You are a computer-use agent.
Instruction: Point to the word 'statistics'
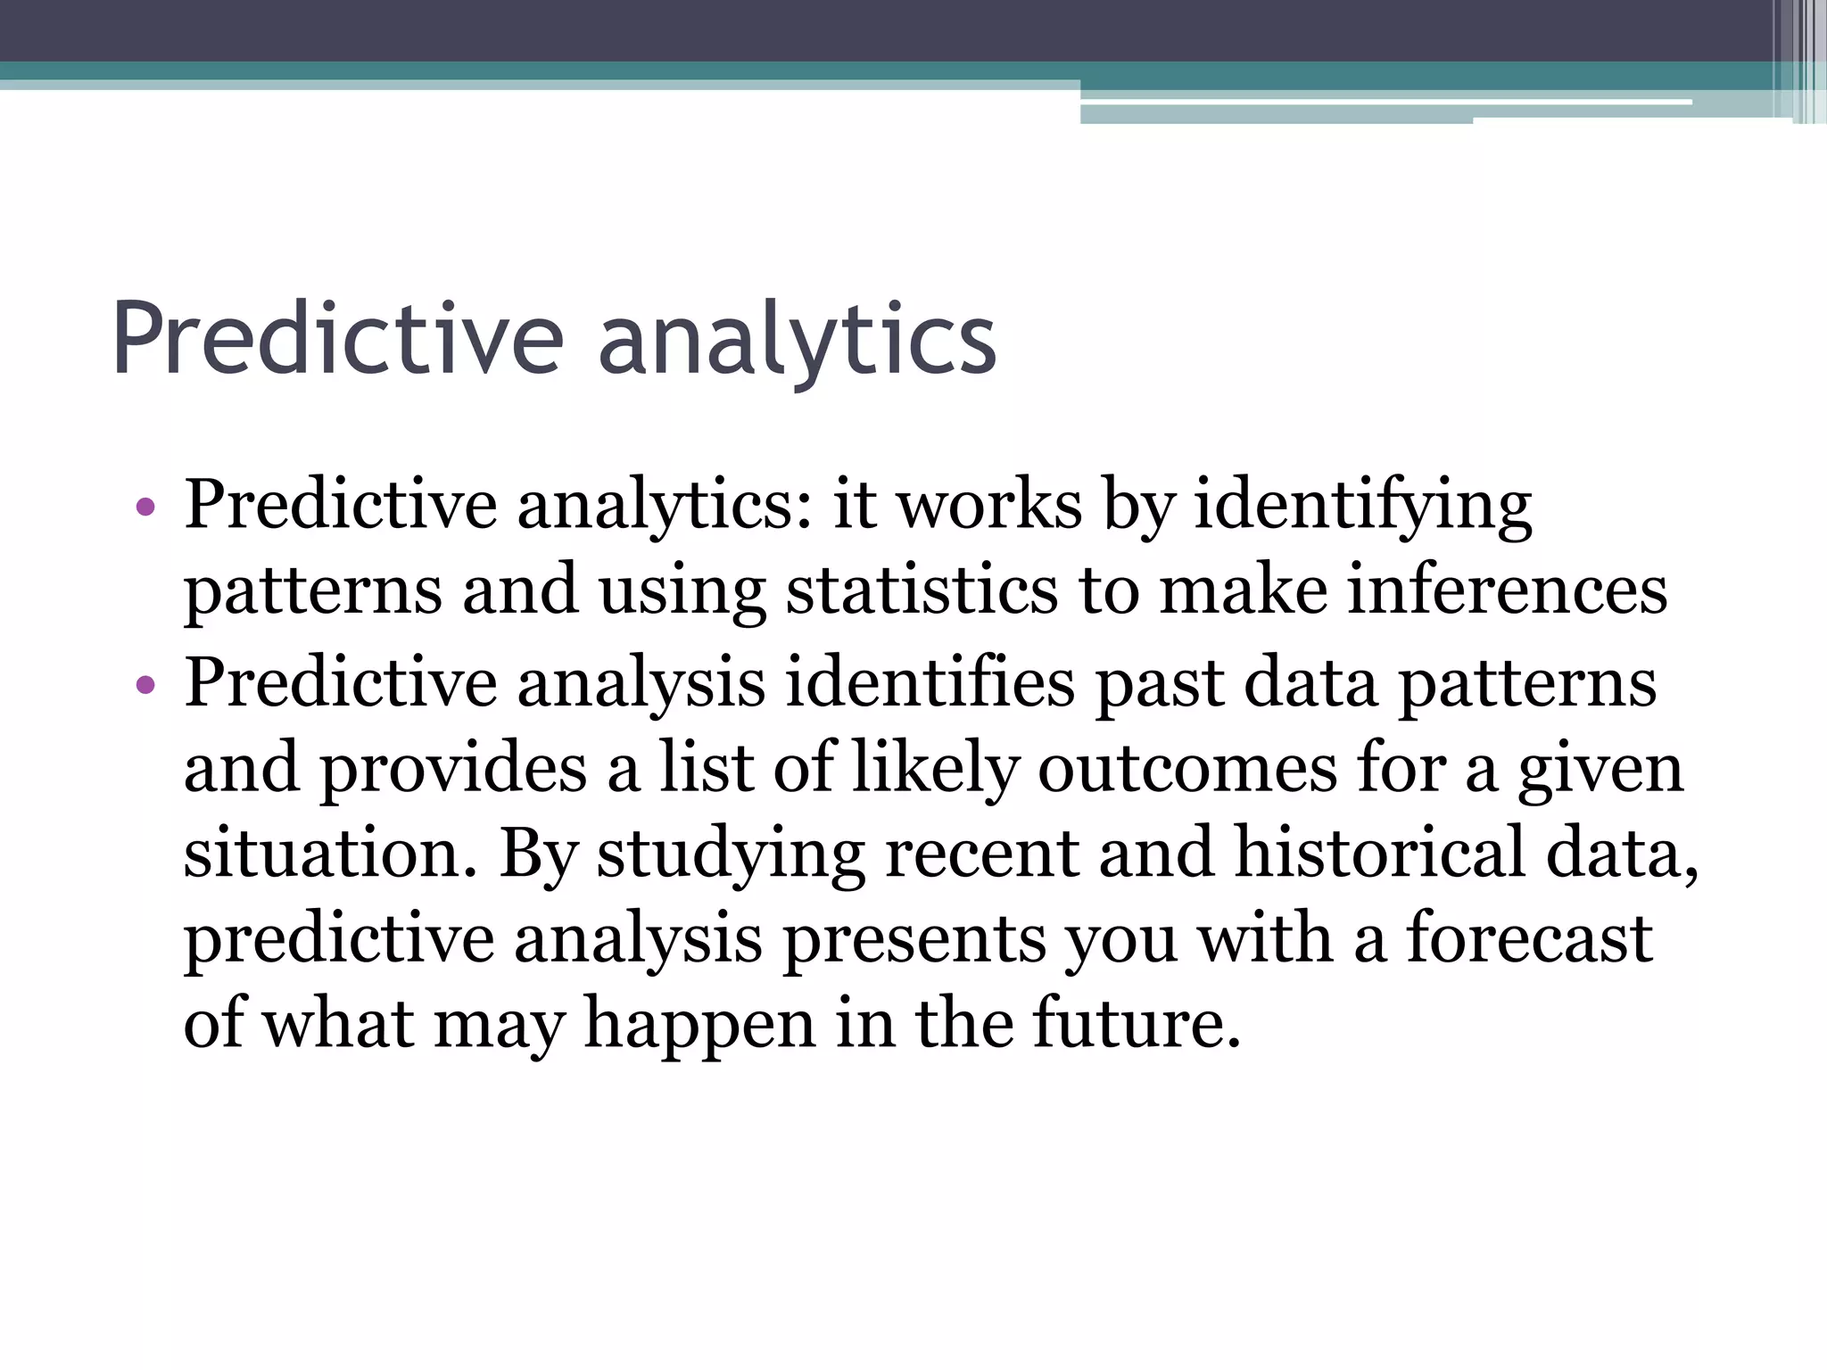click(921, 591)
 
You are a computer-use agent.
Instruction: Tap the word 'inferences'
click(1506, 591)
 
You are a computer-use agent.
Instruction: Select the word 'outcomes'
click(1186, 768)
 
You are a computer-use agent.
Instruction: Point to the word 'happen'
click(699, 1026)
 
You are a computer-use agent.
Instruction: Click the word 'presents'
click(913, 940)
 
